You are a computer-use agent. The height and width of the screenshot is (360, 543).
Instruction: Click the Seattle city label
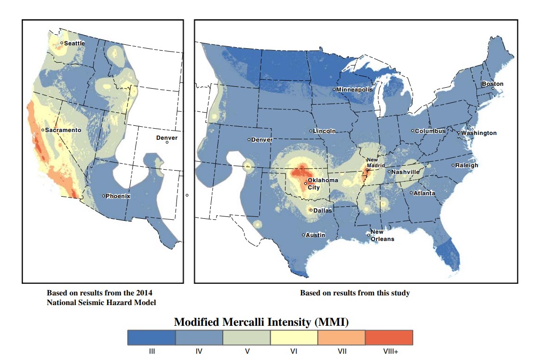click(74, 43)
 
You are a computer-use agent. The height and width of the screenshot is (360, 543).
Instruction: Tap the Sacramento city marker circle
click(42, 130)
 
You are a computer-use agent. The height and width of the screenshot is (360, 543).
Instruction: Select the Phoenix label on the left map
click(118, 196)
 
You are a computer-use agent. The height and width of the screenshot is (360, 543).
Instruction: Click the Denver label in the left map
click(167, 138)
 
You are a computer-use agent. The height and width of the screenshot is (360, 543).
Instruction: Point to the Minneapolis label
click(354, 90)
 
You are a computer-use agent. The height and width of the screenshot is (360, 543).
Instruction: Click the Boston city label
click(493, 84)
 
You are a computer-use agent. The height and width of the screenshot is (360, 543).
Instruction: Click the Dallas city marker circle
click(311, 211)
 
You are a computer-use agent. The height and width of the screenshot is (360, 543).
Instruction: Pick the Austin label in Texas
click(315, 235)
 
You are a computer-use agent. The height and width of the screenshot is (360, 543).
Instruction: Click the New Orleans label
click(382, 236)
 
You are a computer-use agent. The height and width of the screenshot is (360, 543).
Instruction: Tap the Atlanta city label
click(424, 193)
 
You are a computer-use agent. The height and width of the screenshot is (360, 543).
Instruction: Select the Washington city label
click(478, 133)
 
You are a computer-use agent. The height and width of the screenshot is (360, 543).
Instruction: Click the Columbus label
click(430, 131)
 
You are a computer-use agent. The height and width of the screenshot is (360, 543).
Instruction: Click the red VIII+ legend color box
click(389, 337)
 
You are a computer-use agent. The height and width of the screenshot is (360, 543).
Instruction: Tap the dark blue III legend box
click(151, 337)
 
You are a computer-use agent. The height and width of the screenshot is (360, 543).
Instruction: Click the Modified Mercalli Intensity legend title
click(261, 322)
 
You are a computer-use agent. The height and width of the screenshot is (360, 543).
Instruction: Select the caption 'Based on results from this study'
click(355, 293)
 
